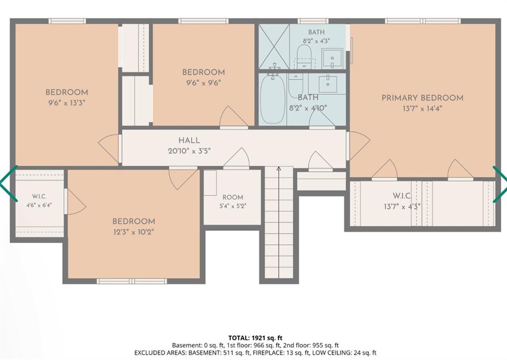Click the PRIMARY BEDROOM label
422,98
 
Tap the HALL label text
189,140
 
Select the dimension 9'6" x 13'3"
67,103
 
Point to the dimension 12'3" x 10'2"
134,232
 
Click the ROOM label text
233,197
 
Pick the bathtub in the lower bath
273,99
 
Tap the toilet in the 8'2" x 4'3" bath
304,56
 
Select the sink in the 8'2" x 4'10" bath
328,84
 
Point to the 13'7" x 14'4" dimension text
422,108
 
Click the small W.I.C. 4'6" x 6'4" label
39,201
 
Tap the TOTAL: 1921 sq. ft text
255,338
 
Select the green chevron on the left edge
8,183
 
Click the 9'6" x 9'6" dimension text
203,83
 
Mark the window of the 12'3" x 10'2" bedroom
132,281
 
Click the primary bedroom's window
423,21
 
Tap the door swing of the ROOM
236,158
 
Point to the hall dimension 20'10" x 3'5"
189,151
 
